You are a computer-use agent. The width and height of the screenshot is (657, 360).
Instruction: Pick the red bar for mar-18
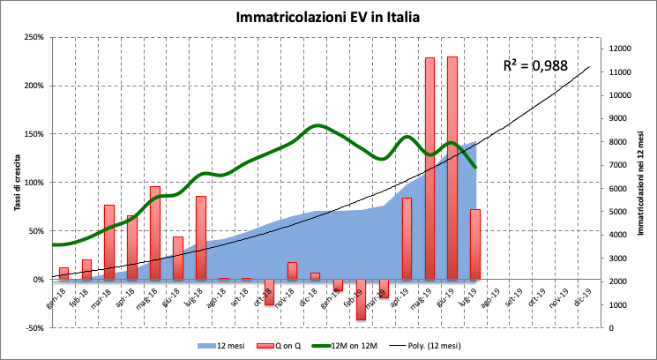109,242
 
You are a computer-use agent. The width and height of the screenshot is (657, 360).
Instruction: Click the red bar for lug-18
200,237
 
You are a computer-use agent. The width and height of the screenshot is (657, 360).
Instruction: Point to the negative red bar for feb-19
361,299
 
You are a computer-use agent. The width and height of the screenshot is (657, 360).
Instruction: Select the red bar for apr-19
407,238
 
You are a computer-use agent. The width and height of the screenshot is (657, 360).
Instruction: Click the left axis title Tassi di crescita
16,182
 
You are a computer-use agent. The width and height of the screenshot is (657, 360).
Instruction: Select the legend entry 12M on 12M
373,345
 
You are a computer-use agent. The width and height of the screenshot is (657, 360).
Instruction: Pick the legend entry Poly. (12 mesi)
455,345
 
